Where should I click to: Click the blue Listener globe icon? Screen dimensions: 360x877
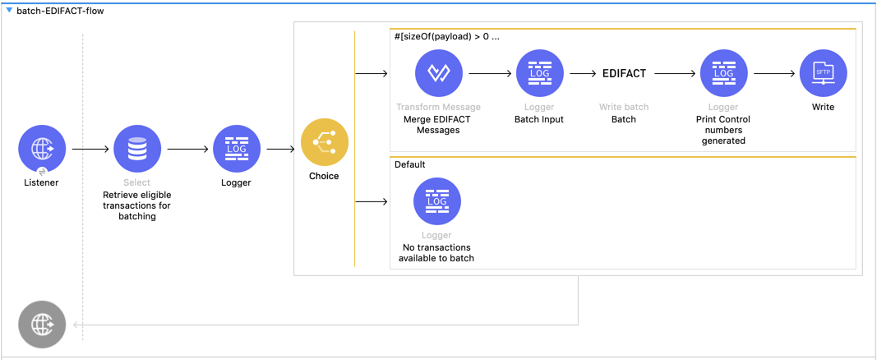tap(42, 149)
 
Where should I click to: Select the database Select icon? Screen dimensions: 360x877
tap(137, 149)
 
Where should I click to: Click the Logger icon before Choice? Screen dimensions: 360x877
tap(236, 149)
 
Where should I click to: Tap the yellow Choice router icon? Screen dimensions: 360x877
tap(324, 142)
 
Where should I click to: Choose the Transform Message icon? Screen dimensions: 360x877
tap(438, 73)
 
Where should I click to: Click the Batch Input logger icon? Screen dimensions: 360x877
tap(539, 73)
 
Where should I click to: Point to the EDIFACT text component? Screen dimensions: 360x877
tap(624, 73)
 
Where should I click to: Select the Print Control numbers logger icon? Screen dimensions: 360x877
tap(723, 73)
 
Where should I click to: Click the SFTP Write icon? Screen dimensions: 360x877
tap(823, 73)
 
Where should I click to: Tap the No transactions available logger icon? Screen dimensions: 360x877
tap(437, 201)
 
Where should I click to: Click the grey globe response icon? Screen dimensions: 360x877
tap(42, 325)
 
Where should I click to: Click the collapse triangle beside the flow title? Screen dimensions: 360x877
tap(9, 12)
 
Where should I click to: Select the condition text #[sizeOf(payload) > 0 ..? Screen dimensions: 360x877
tap(446, 36)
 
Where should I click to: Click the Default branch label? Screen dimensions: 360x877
tap(409, 164)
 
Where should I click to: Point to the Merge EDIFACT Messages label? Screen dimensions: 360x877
tap(438, 124)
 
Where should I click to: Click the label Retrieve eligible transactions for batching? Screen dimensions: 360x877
tap(137, 205)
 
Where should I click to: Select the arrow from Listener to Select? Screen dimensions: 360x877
tap(90, 150)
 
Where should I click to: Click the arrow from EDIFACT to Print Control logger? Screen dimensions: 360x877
tap(675, 74)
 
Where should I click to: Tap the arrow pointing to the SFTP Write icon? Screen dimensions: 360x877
tap(774, 74)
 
